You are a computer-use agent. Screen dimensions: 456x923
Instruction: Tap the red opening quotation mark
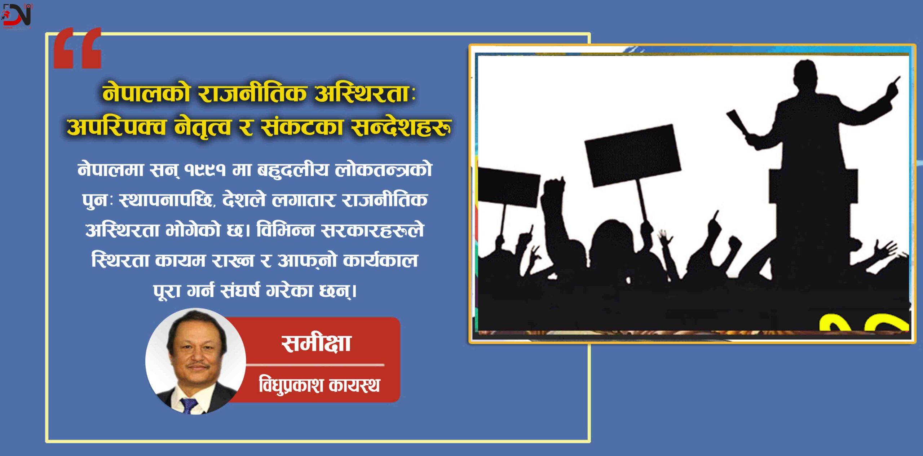coord(77,48)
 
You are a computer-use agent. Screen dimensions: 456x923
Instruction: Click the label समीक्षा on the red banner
coord(316,343)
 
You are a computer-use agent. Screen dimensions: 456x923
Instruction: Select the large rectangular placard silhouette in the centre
coord(632,155)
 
